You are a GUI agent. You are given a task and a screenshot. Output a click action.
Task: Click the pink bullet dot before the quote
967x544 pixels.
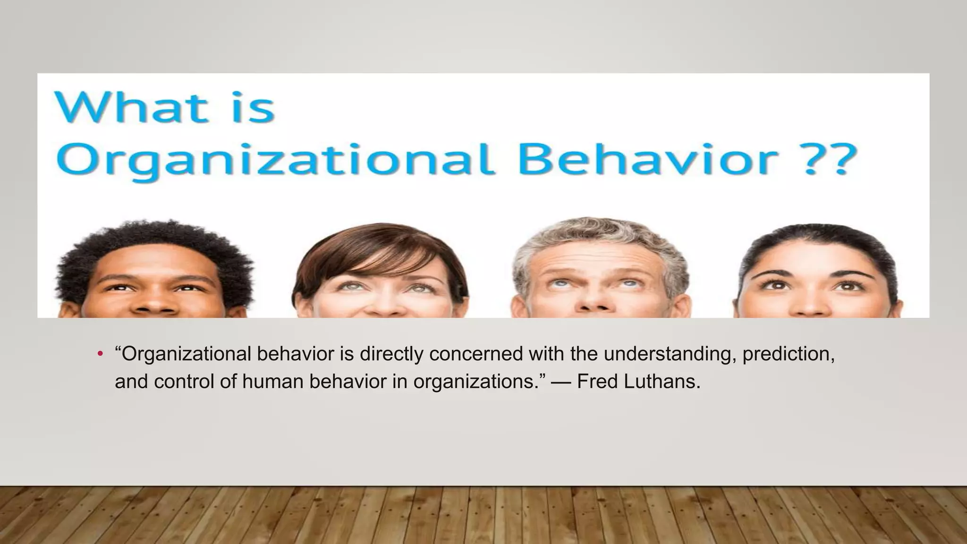(100, 354)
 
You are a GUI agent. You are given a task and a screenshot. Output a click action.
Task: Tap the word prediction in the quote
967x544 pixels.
(788, 354)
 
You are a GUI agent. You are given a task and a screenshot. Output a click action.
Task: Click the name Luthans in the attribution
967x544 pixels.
(662, 381)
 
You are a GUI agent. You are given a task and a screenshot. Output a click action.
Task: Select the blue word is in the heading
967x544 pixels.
(255, 108)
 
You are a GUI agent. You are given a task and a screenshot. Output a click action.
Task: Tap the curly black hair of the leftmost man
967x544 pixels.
(156, 246)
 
